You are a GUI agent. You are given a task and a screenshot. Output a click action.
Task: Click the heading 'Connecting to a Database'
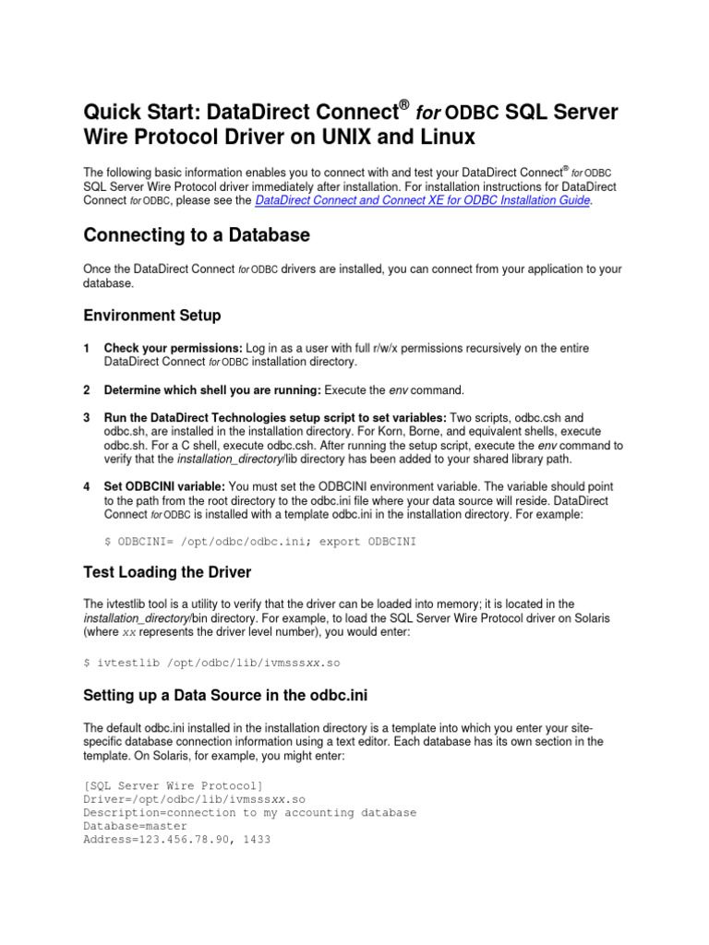pyautogui.click(x=197, y=236)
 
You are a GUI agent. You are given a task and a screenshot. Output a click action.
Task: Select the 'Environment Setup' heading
pyautogui.click(x=152, y=316)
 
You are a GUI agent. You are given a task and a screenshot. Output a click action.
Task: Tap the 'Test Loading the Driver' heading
pyautogui.click(x=167, y=572)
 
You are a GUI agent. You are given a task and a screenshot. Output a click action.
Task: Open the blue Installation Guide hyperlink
pyautogui.click(x=422, y=199)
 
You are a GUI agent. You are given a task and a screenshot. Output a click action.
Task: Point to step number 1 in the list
pyautogui.click(x=86, y=348)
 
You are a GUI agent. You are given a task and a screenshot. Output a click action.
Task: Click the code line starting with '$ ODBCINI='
pyautogui.click(x=261, y=542)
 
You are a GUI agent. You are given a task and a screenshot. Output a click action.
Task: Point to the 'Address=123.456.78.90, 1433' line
pyautogui.click(x=176, y=841)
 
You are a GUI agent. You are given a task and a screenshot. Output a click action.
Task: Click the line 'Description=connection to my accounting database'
pyautogui.click(x=249, y=813)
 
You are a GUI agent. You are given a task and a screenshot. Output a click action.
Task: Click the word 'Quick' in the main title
pyautogui.click(x=110, y=114)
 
